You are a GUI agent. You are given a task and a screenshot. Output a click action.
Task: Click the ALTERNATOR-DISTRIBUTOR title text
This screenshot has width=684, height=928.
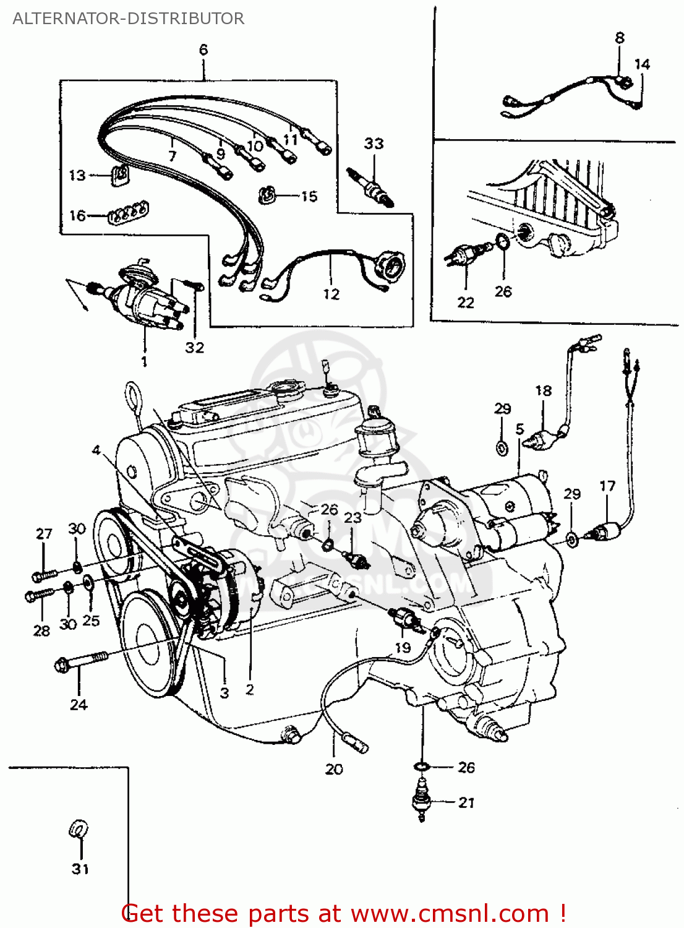click(x=128, y=19)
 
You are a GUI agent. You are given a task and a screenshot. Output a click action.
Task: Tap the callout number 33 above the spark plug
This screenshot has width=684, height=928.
click(x=374, y=144)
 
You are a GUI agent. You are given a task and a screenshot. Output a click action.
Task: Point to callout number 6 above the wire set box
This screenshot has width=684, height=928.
click(x=203, y=49)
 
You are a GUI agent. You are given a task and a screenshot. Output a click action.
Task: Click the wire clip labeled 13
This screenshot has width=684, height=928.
click(x=120, y=176)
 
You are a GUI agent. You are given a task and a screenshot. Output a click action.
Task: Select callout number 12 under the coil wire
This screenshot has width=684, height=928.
click(x=331, y=294)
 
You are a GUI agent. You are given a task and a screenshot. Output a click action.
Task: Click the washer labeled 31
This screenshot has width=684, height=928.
click(x=79, y=829)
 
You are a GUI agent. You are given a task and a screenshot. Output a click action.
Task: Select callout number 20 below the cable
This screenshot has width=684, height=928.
click(x=334, y=769)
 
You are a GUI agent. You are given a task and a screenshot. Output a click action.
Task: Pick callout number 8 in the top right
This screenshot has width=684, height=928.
click(x=620, y=38)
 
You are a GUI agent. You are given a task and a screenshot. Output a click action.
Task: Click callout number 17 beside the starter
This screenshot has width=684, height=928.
click(x=607, y=486)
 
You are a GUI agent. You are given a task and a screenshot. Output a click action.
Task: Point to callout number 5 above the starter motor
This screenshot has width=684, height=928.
click(x=519, y=429)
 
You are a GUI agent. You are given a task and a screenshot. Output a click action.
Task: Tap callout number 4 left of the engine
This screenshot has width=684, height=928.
click(x=96, y=450)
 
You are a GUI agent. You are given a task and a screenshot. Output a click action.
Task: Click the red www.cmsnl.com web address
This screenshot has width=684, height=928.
click(x=450, y=913)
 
